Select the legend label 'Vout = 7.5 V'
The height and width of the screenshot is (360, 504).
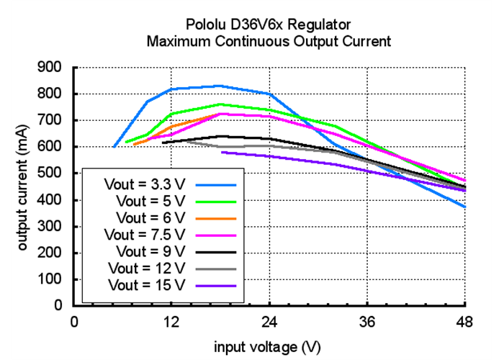tap(143, 235)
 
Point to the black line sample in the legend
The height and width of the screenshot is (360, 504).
tap(216, 252)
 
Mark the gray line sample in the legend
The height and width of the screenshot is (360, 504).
tap(216, 269)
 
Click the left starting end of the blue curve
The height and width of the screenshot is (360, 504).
tap(114, 147)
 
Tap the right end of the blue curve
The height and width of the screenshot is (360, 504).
tap(466, 207)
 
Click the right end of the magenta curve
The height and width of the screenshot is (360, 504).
tap(466, 181)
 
